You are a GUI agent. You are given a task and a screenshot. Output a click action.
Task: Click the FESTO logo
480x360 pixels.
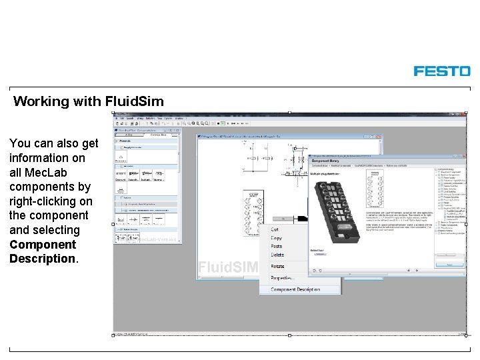pyautogui.click(x=441, y=71)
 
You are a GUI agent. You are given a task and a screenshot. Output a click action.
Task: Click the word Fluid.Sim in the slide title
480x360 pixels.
pyautogui.click(x=134, y=101)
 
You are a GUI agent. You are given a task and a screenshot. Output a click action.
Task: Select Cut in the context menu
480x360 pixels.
pyautogui.click(x=275, y=229)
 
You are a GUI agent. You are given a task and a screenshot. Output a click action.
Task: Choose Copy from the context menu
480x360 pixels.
pyautogui.click(x=277, y=238)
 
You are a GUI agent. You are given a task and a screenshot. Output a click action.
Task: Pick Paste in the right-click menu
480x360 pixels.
pyautogui.click(x=277, y=247)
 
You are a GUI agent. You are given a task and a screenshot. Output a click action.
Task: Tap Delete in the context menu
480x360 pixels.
pyautogui.click(x=278, y=255)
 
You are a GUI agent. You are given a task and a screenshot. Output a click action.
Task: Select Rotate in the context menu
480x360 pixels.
pyautogui.click(x=278, y=266)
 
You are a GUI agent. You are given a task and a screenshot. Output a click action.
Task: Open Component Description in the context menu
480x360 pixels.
pyautogui.click(x=295, y=289)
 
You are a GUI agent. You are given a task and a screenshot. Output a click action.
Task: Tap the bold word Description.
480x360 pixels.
pyautogui.click(x=43, y=259)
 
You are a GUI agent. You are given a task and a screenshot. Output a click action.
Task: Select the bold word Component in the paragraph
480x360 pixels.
pyautogui.click(x=43, y=244)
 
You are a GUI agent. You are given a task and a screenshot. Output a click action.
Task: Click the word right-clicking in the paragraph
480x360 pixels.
pyautogui.click(x=51, y=201)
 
